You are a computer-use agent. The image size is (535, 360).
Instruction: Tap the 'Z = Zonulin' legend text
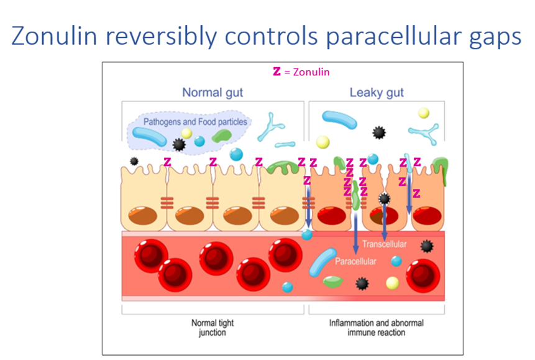302,72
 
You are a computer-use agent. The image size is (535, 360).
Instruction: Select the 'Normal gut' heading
213,93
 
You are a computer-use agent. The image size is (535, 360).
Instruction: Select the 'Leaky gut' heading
377,93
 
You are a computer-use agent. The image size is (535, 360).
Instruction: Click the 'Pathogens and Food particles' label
195,122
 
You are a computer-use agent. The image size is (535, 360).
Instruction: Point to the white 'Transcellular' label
385,244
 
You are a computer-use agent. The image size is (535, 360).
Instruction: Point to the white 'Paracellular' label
355,261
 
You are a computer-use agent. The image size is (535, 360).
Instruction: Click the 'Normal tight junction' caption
213,328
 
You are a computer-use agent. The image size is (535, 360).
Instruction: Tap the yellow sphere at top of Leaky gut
424,113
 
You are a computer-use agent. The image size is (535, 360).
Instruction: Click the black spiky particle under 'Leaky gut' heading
378,132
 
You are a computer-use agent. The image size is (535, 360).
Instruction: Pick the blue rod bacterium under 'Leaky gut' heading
340,120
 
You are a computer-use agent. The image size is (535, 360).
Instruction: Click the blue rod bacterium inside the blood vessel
324,264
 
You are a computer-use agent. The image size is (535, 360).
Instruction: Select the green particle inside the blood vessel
332,282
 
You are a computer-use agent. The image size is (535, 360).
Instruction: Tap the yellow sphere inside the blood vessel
392,283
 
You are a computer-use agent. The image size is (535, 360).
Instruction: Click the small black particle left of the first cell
134,161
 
